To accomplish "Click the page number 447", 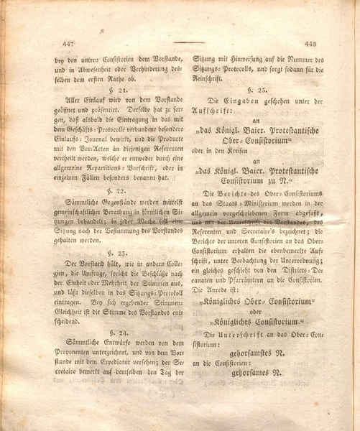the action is [x=70, y=44].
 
